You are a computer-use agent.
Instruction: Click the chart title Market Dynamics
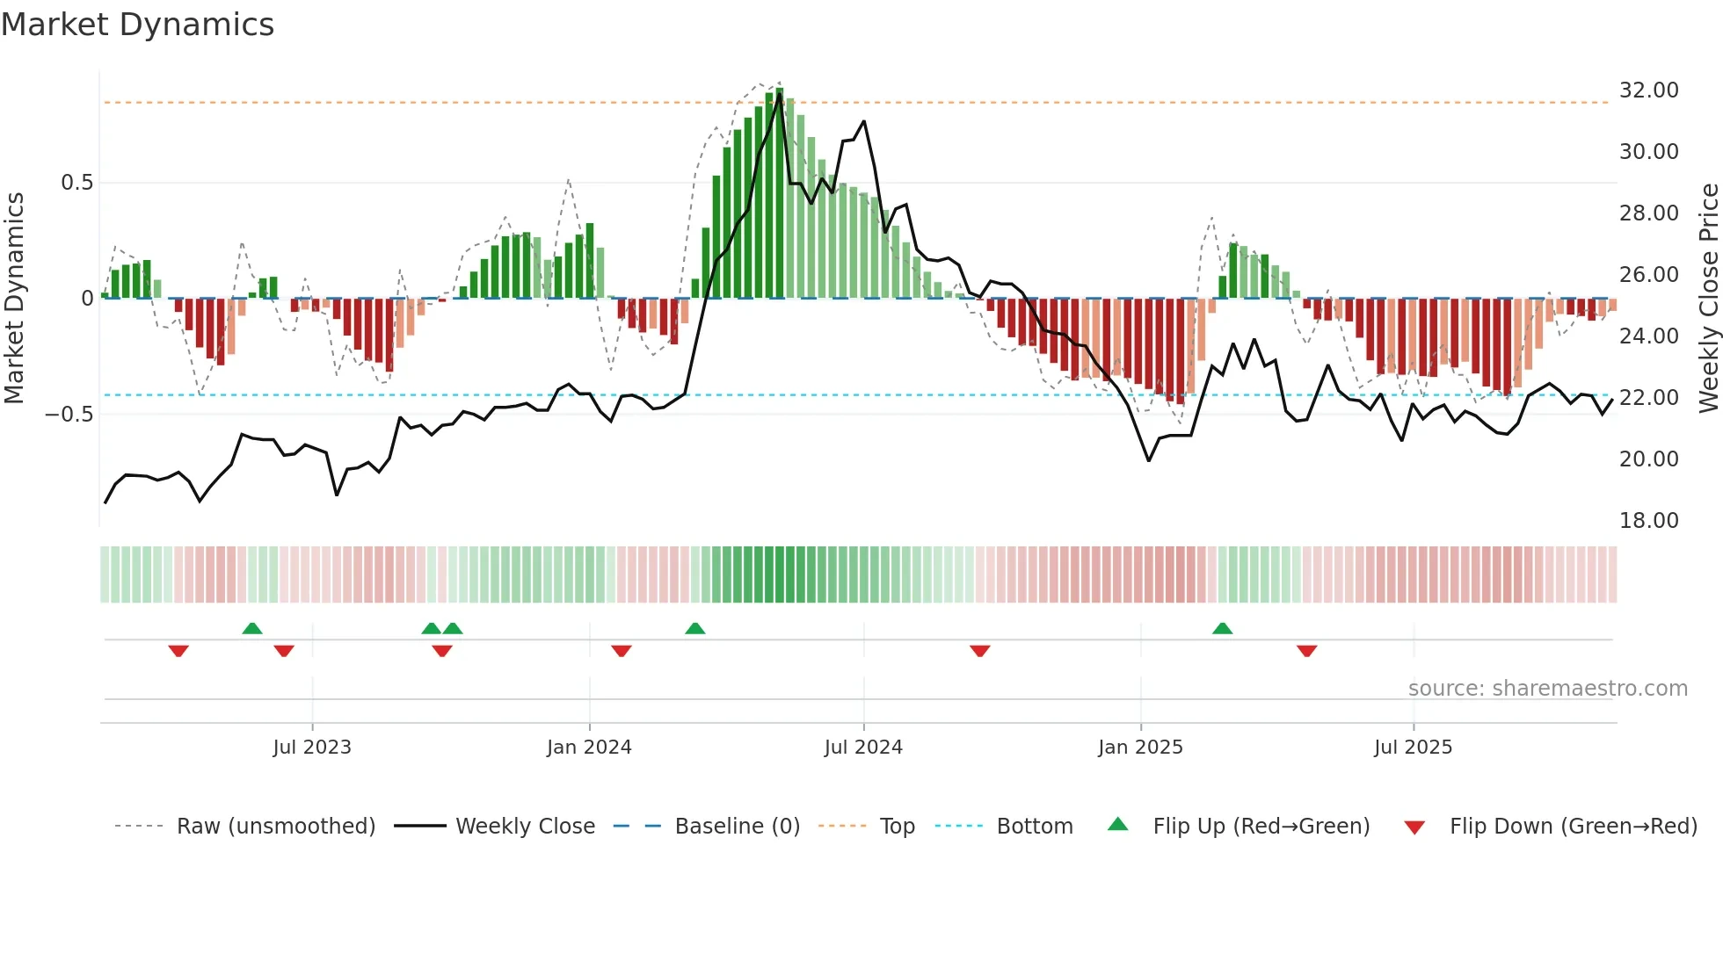[x=138, y=25]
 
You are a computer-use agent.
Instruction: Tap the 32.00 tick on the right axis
[x=1648, y=90]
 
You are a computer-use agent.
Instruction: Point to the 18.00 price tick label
[x=1648, y=521]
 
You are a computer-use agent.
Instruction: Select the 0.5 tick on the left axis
[x=76, y=183]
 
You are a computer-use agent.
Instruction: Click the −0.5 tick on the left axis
[x=69, y=414]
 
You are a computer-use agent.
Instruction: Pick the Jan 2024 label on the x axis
[x=589, y=748]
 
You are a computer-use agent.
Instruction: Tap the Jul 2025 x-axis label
[x=1413, y=748]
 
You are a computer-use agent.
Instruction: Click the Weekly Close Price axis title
[x=1708, y=299]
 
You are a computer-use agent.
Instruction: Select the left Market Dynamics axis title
[x=14, y=299]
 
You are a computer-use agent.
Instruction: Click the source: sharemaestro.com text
[x=1547, y=689]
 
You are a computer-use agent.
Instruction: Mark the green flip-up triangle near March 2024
[x=694, y=628]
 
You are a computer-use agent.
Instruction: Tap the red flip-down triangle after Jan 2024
[x=622, y=651]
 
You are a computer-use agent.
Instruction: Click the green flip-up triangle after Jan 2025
[x=1222, y=628]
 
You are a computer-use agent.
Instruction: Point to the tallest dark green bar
[x=780, y=193]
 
